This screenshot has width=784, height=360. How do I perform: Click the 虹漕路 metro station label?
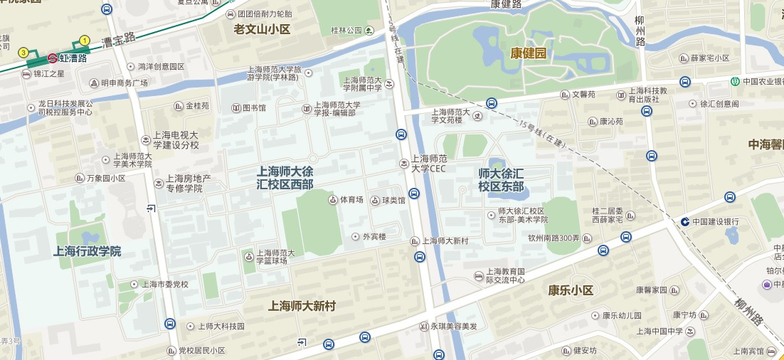pos(73,58)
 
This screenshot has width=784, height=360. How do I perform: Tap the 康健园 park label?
pos(529,53)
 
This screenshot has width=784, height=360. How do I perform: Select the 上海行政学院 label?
pos(88,251)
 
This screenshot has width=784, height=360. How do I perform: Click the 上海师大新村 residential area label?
pos(302,306)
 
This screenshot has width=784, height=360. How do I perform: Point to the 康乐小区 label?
pos(571,290)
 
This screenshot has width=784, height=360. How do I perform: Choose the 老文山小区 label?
pos(263,29)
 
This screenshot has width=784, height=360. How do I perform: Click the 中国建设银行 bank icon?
pos(684,221)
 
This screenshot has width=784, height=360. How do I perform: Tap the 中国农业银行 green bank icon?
pos(734,80)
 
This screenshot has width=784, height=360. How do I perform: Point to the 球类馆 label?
pos(393,201)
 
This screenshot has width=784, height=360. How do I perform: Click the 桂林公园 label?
pos(346,31)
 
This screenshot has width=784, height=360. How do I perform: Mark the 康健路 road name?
pos(506,5)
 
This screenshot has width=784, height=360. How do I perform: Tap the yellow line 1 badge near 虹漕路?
pos(85,41)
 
